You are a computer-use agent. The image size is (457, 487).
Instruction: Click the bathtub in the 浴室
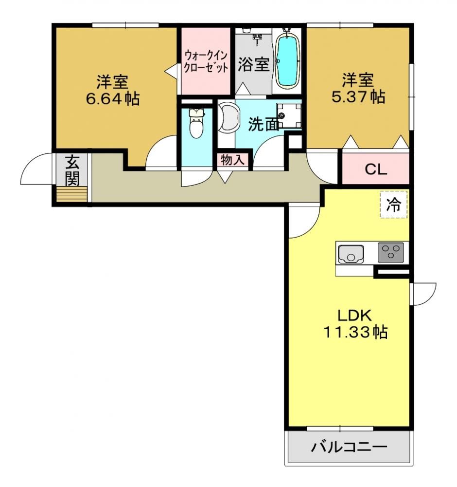click(287, 60)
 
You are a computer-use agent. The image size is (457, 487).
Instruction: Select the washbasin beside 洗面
click(229, 117)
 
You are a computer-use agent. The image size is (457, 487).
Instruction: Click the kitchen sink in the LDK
click(351, 254)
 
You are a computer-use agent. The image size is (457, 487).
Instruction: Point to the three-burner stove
click(391, 252)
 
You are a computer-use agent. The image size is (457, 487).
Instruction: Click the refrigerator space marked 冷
click(393, 204)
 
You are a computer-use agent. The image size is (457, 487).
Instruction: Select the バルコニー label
click(349, 448)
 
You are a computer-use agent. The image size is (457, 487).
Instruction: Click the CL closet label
click(376, 169)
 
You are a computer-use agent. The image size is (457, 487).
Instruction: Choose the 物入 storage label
click(232, 160)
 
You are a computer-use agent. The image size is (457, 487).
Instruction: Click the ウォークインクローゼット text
click(206, 62)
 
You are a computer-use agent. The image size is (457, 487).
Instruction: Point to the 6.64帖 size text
click(112, 99)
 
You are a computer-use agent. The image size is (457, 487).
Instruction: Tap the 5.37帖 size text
click(358, 96)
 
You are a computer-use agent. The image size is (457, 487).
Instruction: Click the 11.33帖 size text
click(355, 332)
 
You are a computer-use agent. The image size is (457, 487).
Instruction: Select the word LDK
click(354, 316)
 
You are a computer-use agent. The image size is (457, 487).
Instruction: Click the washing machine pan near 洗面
click(289, 115)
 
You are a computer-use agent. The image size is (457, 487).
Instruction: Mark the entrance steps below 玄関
click(71, 194)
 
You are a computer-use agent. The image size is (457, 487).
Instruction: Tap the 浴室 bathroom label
click(254, 65)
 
